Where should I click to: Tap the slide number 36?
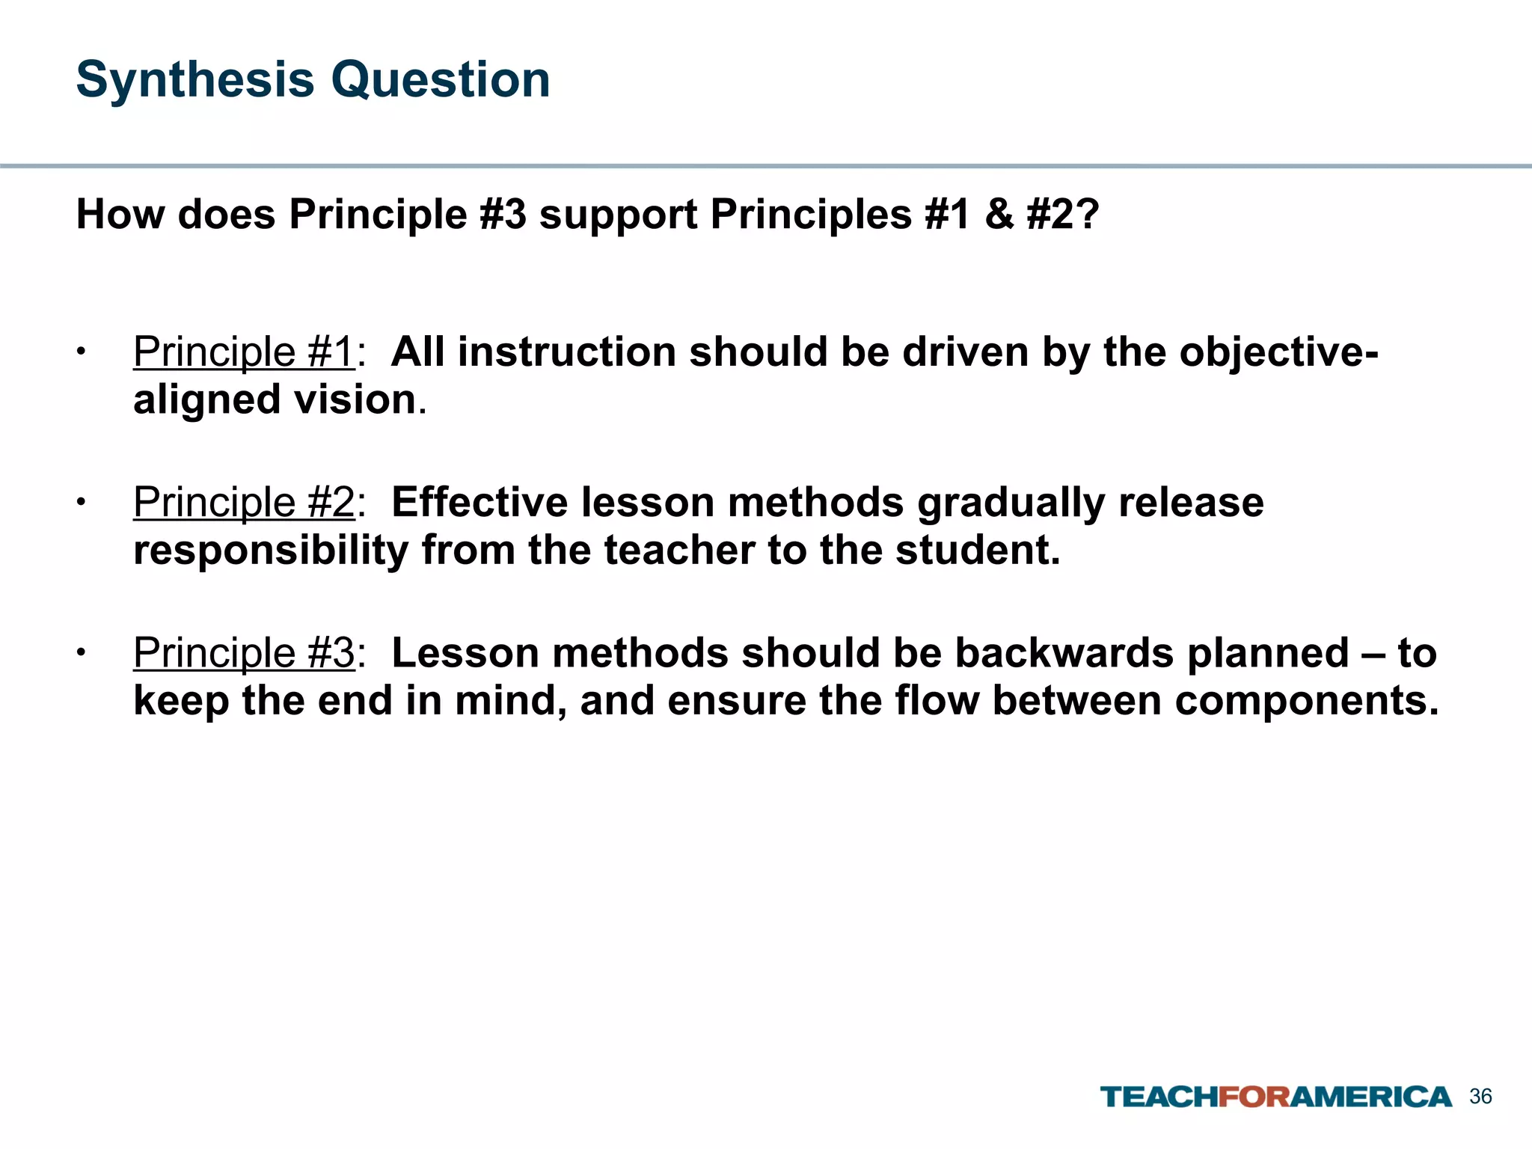(1480, 1097)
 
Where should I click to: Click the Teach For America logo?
(1275, 1097)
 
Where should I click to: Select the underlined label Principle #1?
(244, 352)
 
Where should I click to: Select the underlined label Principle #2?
(244, 502)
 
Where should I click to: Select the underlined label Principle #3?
(244, 652)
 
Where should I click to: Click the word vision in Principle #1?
(355, 399)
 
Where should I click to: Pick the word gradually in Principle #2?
(1011, 503)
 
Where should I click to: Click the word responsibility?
(271, 551)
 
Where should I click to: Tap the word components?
(1306, 702)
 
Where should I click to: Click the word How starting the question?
(120, 215)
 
